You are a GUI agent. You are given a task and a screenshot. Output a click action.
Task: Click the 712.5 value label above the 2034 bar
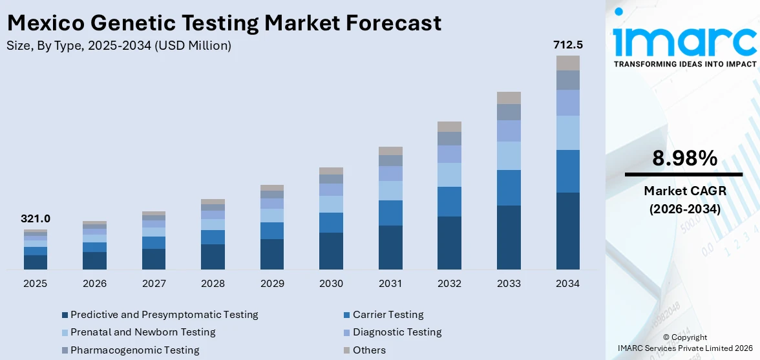568,45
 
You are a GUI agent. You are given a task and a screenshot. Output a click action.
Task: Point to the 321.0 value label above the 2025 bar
36,219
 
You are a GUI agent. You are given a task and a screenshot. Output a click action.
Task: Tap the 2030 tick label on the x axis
331,284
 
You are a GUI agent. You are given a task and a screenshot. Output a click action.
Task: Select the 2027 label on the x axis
154,284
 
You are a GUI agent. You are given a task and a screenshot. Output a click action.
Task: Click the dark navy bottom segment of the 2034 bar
568,231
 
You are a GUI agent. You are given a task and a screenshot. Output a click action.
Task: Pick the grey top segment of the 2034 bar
568,63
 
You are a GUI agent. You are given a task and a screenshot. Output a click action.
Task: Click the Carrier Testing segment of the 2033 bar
509,187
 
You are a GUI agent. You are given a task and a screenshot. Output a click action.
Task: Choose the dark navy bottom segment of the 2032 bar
449,242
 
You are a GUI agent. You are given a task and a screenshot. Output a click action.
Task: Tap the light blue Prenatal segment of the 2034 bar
568,132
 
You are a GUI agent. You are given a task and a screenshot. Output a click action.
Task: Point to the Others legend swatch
347,350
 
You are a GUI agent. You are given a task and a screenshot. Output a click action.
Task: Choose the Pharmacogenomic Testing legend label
134,350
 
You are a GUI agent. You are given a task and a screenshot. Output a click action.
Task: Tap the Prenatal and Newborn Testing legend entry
143,332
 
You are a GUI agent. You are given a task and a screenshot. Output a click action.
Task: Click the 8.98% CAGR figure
683,158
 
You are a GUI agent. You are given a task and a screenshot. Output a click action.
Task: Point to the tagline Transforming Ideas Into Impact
684,64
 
